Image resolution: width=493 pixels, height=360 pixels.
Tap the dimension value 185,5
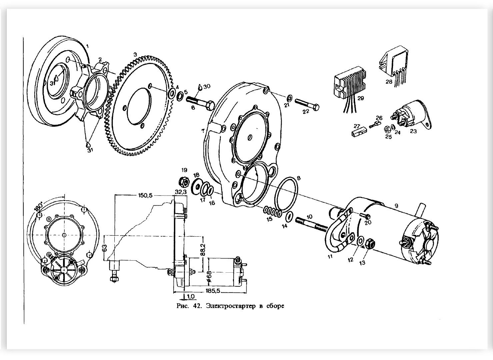[x=213, y=291]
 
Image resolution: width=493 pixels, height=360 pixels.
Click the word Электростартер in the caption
[x=231, y=306]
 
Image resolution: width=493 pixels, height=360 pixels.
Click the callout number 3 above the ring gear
[x=135, y=54]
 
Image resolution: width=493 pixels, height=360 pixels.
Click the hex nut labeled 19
[x=184, y=181]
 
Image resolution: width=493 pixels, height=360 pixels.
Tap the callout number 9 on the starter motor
[x=396, y=206]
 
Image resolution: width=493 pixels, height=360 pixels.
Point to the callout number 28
[x=389, y=82]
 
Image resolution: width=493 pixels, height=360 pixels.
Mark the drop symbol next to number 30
[x=200, y=87]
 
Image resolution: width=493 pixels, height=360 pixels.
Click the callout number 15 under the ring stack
[x=269, y=219]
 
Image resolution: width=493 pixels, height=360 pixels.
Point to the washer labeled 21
[x=290, y=97]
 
